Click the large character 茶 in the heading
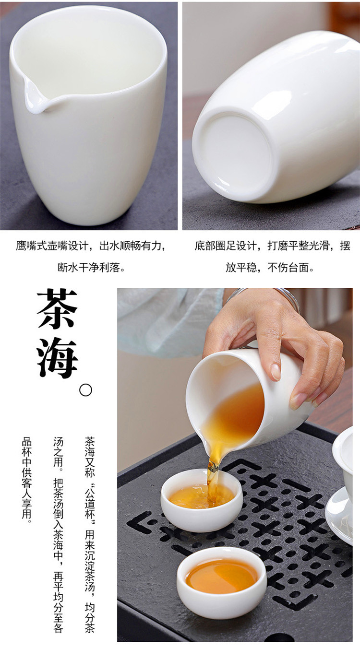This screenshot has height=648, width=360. click(57, 309)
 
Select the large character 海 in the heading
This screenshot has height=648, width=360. click(57, 358)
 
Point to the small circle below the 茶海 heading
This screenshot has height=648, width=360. click(85, 390)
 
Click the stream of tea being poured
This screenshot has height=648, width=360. click(213, 477)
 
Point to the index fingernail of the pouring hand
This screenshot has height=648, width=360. click(275, 371)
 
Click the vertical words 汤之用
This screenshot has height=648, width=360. click(58, 451)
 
